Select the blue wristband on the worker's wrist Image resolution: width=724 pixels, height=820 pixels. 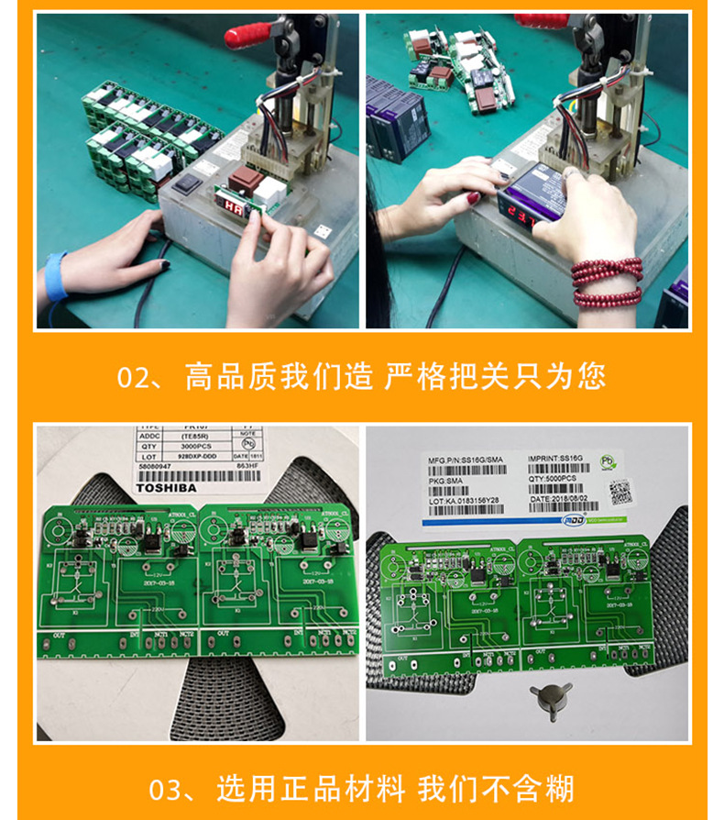click(x=56, y=276)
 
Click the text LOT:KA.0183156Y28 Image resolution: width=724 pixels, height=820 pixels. click(x=464, y=501)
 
